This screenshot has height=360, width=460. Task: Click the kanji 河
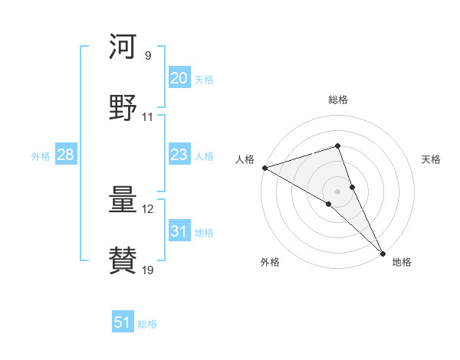pos(123,48)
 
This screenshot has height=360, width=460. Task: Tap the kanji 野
pos(123,107)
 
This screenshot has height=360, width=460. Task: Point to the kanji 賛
pos(123,260)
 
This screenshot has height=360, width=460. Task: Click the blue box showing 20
pos(179,78)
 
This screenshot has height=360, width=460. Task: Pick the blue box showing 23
pos(179,155)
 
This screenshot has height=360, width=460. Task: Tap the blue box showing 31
pos(179,231)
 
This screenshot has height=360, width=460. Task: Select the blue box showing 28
pos(66,155)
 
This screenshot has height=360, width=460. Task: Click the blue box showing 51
pos(123,322)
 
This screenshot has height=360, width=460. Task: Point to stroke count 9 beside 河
pos(148,56)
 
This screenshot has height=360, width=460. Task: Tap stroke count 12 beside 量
pos(148,209)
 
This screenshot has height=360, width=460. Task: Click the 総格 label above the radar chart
pos(338,100)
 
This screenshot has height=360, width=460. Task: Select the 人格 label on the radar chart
pos(245,159)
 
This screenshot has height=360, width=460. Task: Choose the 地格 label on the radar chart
pos(402,262)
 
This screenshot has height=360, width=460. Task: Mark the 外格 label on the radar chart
pos(270,262)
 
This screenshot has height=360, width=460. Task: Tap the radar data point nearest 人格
pos(264,168)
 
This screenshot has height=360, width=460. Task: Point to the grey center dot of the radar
pos(338,190)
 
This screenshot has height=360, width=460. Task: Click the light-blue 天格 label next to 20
pos(204,79)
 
